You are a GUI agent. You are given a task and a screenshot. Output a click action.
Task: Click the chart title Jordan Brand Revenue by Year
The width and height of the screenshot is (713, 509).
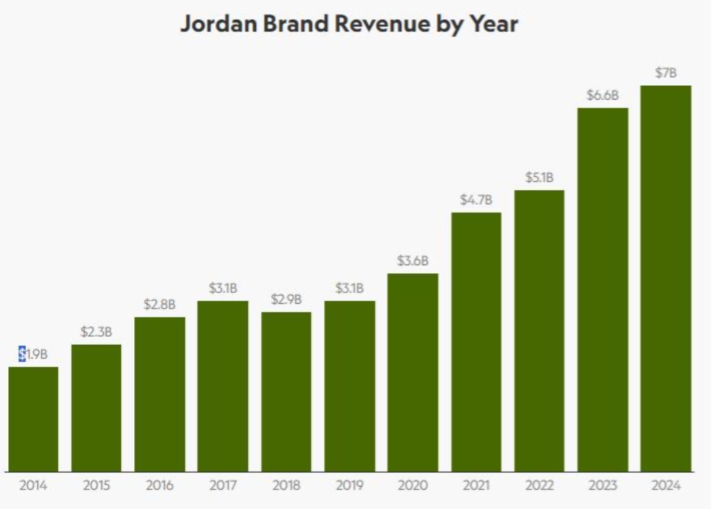pos(349,25)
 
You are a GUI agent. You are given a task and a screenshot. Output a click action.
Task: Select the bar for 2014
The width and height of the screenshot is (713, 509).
pos(33,419)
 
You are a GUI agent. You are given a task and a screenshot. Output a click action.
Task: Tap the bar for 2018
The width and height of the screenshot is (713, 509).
pos(286,392)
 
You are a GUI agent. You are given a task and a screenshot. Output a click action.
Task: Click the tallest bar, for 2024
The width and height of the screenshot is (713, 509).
pos(666,279)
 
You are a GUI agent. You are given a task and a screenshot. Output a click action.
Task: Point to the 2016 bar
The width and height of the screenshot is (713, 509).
pos(159,395)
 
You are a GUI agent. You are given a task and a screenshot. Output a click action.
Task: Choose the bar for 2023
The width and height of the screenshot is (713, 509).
pos(603,290)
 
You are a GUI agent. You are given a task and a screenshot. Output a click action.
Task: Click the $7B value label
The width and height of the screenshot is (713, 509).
pos(666,73)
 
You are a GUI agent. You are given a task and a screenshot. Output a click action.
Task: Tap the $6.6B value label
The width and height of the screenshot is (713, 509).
pos(603,95)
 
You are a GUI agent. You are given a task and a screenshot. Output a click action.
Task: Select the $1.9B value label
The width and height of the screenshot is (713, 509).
pos(33,354)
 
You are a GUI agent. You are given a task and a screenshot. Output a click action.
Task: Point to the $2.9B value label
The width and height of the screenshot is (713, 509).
pos(286,299)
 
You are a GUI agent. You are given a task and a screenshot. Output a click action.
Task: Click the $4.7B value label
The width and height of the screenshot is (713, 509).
pos(476,200)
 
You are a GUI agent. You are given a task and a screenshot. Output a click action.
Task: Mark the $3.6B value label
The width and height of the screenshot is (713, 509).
pos(413,261)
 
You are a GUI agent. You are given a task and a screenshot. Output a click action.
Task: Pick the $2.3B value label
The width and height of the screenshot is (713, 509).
pos(96,332)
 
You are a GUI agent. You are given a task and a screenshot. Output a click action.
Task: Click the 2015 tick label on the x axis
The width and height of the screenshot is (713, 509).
pos(96,487)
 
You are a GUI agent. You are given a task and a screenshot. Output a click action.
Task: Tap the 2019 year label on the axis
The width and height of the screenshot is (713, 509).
pos(349,487)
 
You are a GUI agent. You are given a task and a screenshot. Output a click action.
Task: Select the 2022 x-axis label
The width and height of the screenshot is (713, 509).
pos(539,487)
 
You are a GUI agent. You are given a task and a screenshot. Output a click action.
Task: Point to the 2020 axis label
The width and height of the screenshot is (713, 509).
pos(413,487)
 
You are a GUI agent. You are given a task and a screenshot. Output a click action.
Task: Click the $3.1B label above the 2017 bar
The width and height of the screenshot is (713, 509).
pos(223,288)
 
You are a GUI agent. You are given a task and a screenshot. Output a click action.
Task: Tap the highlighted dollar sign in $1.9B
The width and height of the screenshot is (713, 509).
pos(22,354)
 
